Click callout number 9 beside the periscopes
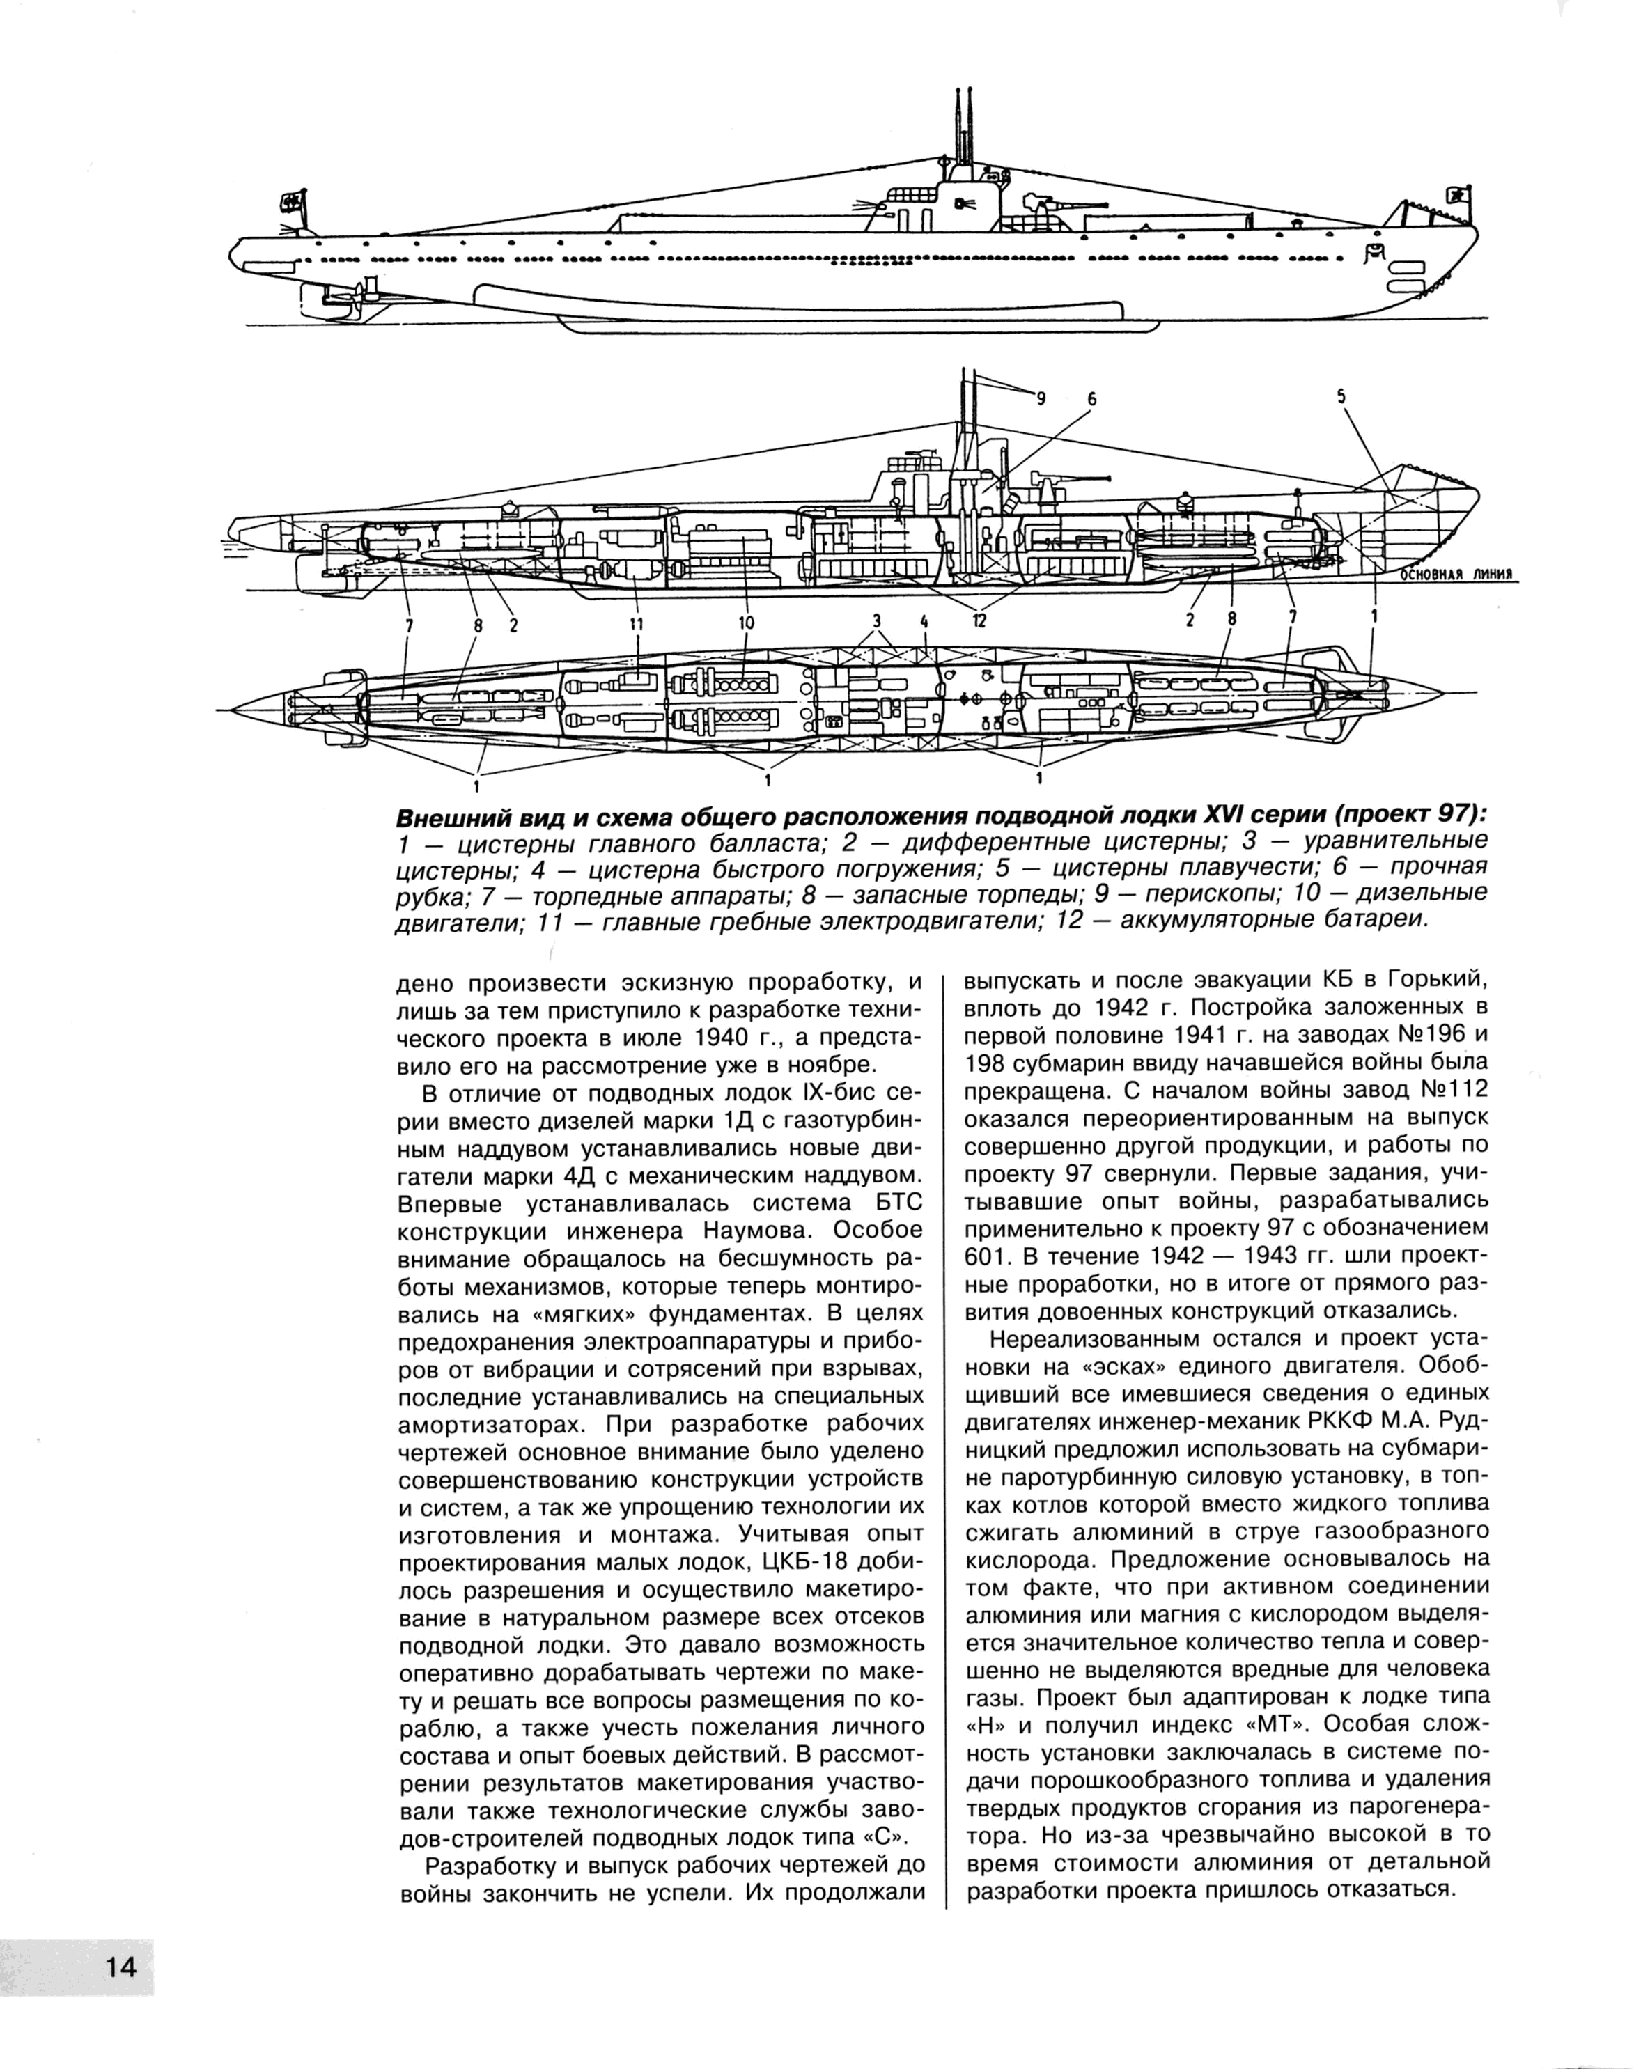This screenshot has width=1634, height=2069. click(1042, 401)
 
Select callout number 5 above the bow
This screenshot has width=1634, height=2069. click(1341, 395)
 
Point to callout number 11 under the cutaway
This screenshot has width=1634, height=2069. click(636, 624)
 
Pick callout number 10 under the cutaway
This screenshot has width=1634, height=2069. click(746, 624)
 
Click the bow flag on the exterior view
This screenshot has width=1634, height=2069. click(1458, 195)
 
